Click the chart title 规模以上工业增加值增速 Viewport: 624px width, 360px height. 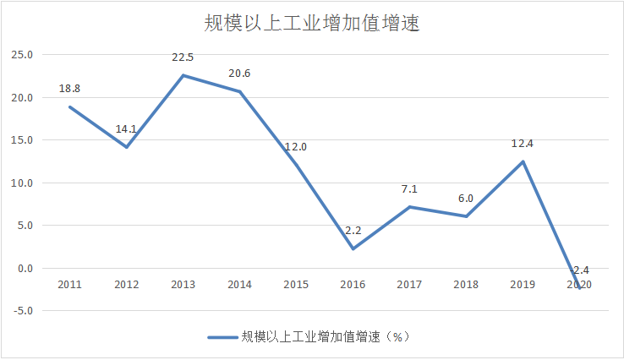click(312, 23)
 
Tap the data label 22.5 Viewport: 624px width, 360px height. click(183, 57)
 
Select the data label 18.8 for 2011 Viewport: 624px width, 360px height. click(69, 89)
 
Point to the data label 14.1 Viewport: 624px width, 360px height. click(127, 129)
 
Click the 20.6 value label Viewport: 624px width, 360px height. click(240, 74)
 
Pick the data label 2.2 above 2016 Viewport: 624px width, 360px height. click(353, 230)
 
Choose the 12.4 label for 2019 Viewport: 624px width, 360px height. click(523, 144)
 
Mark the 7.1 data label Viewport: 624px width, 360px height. click(409, 189)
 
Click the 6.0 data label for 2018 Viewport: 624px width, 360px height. click(466, 199)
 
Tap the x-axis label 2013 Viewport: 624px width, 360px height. click(183, 285)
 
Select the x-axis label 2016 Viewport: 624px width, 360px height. click(353, 285)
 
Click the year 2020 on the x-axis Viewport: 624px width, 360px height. click(579, 285)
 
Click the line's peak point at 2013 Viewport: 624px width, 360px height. click(183, 75)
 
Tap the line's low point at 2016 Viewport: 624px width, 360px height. click(353, 248)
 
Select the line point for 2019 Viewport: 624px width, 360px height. click(523, 161)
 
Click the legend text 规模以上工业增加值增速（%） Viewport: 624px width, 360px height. click(326, 336)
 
